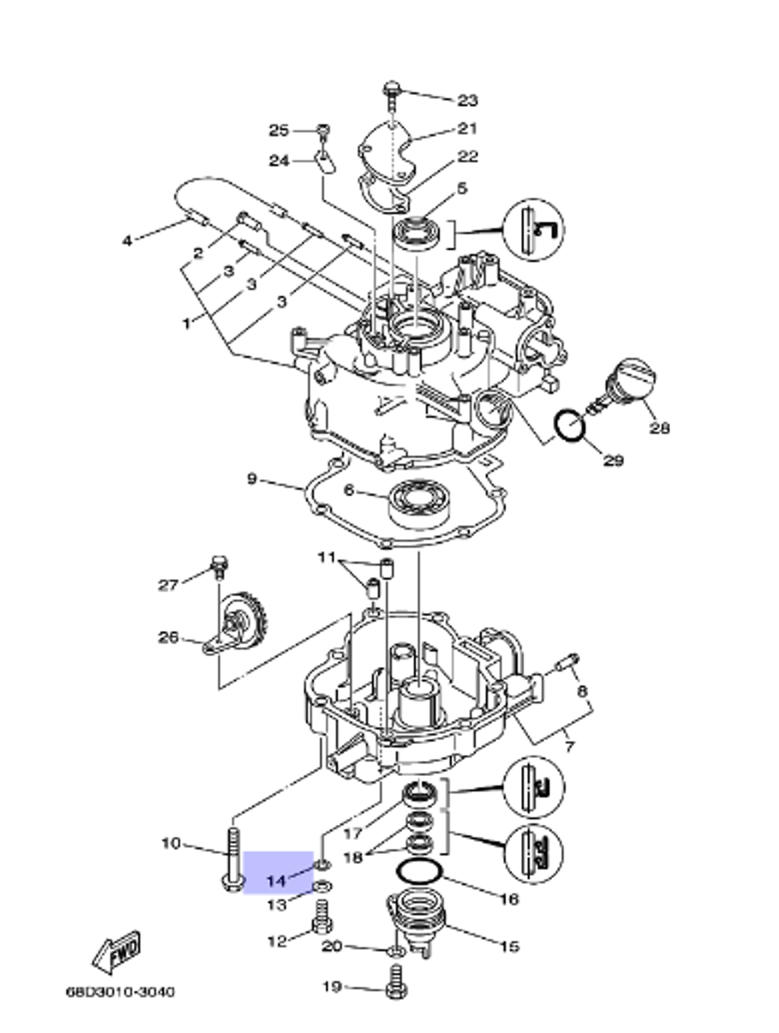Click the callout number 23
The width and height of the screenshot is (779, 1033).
click(467, 100)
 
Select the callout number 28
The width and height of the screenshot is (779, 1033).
click(660, 428)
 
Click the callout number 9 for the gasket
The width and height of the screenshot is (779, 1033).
click(252, 478)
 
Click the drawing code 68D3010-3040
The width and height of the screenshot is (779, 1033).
click(120, 992)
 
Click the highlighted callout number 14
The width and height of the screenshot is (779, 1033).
click(277, 881)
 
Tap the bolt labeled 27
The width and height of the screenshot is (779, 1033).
click(218, 565)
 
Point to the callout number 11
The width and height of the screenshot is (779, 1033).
click(326, 557)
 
